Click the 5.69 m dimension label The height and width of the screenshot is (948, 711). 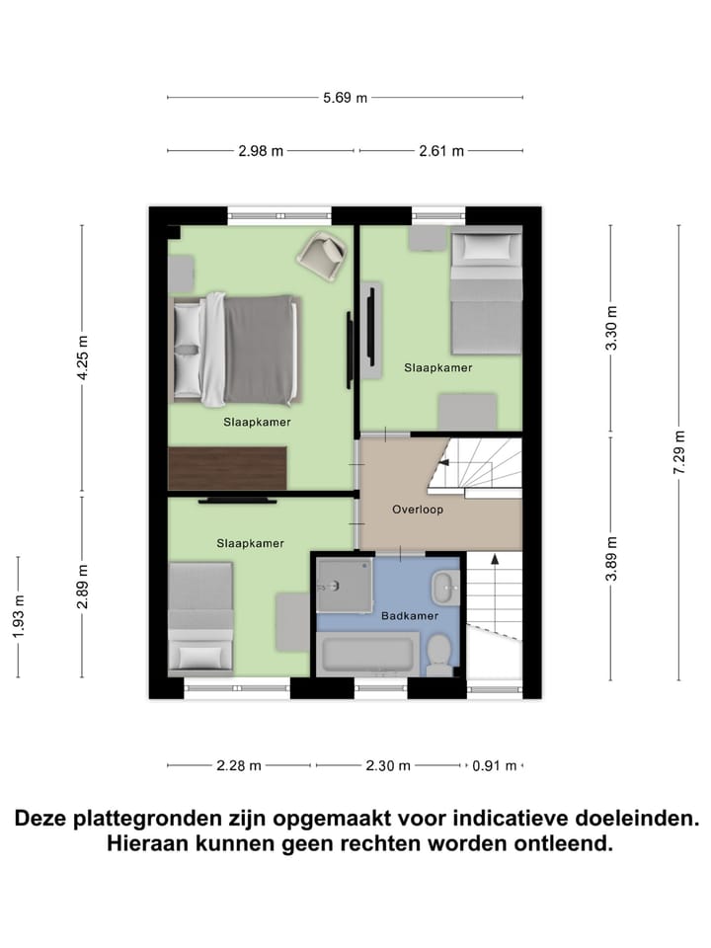tap(346, 97)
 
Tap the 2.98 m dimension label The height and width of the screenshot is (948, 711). tap(261, 151)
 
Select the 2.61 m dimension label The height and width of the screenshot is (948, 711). tap(440, 151)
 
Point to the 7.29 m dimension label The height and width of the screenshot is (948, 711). tap(678, 453)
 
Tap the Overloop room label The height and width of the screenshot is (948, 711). tap(417, 511)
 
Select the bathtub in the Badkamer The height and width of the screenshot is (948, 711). tap(364, 656)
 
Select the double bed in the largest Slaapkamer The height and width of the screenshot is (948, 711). tap(235, 350)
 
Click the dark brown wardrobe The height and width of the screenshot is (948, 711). tap(228, 468)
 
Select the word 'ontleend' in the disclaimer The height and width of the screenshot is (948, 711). tap(564, 845)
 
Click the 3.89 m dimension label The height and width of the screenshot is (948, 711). tap(611, 561)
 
